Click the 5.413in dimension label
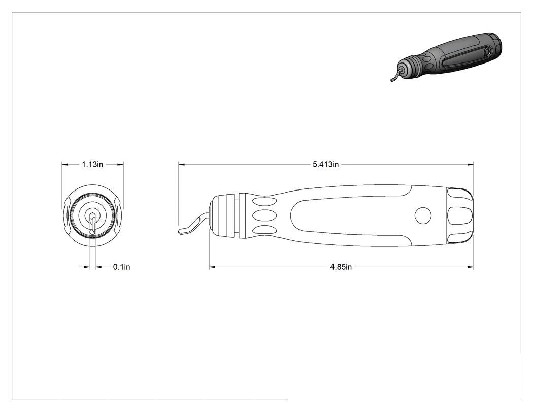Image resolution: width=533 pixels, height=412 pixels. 326,164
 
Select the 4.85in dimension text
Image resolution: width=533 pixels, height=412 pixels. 341,267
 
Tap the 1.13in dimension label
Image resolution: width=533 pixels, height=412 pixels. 92,164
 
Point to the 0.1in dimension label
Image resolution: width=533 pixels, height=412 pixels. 122,267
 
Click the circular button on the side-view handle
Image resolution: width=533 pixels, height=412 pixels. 423,215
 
